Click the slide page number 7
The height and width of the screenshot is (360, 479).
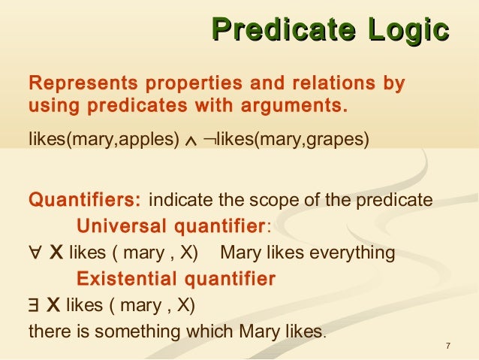(447, 346)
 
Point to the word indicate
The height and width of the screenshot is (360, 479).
(181, 201)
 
